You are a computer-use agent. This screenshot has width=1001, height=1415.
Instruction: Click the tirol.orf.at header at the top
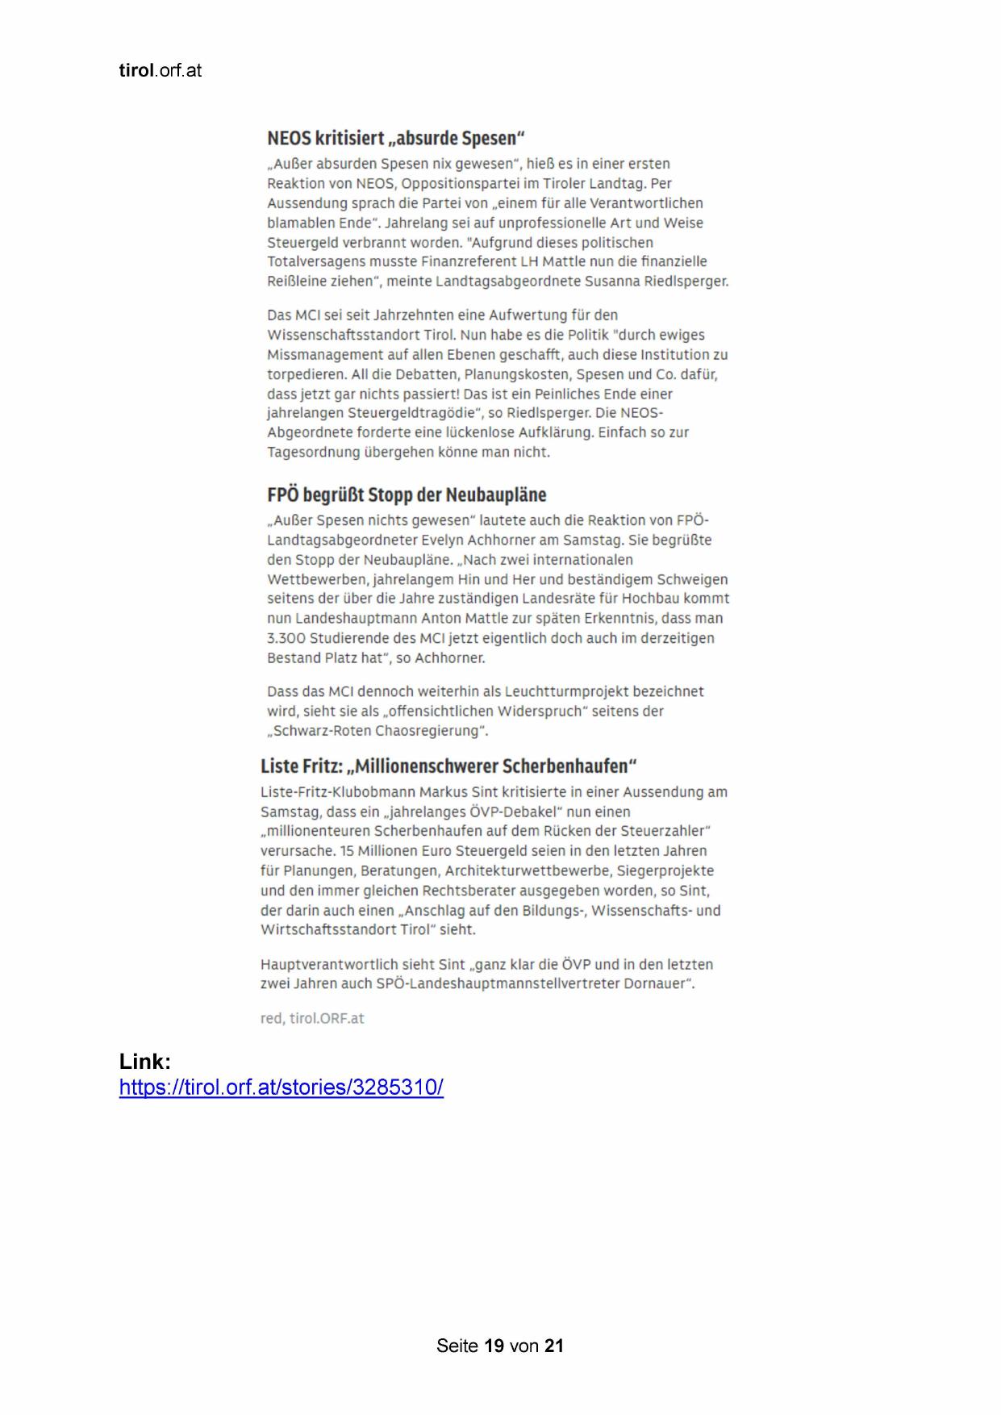tap(160, 71)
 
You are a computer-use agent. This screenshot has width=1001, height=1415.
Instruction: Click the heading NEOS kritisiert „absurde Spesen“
tap(396, 138)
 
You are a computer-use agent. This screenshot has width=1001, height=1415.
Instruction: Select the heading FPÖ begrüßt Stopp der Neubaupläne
tap(407, 495)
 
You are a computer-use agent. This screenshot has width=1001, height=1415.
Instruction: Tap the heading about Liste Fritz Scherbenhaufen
tap(448, 766)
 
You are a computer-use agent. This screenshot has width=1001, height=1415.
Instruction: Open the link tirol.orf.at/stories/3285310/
tap(281, 1087)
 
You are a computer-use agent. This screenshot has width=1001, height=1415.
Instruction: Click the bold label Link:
tap(145, 1061)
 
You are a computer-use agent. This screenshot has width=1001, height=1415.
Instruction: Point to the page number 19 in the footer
tap(494, 1346)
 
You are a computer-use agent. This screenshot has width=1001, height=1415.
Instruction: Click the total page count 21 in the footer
tap(554, 1346)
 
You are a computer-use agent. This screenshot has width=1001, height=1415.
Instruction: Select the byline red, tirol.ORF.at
tap(312, 1019)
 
